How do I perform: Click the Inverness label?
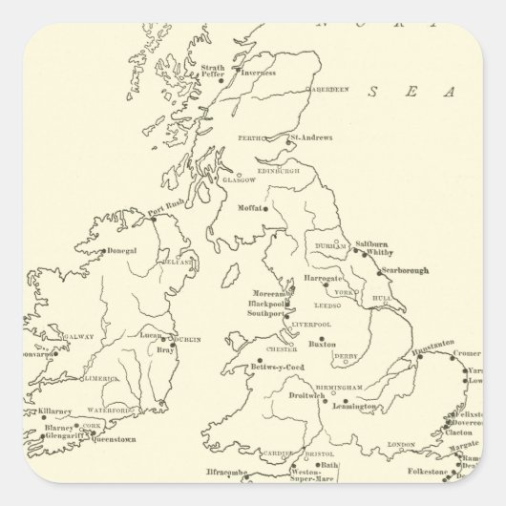click(x=258, y=73)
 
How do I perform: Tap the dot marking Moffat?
click(x=267, y=208)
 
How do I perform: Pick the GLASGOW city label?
click(x=239, y=179)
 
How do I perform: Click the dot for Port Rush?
click(x=153, y=219)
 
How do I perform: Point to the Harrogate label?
click(x=325, y=277)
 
